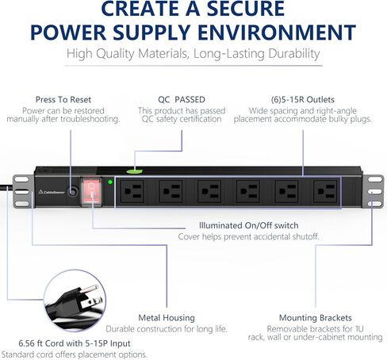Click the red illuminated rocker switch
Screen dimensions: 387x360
[x=91, y=192]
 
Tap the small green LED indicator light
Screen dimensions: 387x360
[x=110, y=182]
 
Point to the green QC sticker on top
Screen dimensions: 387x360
[x=135, y=171]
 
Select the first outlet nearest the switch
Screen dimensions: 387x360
[x=132, y=191]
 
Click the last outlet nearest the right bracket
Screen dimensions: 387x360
[x=325, y=191]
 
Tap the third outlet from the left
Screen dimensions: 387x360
[x=209, y=191]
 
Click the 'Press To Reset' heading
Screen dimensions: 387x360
[x=63, y=100]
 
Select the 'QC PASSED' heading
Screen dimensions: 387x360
[x=182, y=100]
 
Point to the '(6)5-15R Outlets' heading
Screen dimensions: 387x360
[x=303, y=100]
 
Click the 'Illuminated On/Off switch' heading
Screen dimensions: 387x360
[x=248, y=225]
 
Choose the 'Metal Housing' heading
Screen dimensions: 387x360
[x=167, y=318]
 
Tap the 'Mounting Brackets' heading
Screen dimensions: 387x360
[x=316, y=318]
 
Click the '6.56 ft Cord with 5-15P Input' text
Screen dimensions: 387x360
[x=75, y=343]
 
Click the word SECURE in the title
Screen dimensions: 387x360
[x=246, y=9]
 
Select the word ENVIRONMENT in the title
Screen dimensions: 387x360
[x=277, y=33]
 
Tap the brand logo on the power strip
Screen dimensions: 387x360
[x=52, y=192]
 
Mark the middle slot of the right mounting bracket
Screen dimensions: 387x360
[x=375, y=191]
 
